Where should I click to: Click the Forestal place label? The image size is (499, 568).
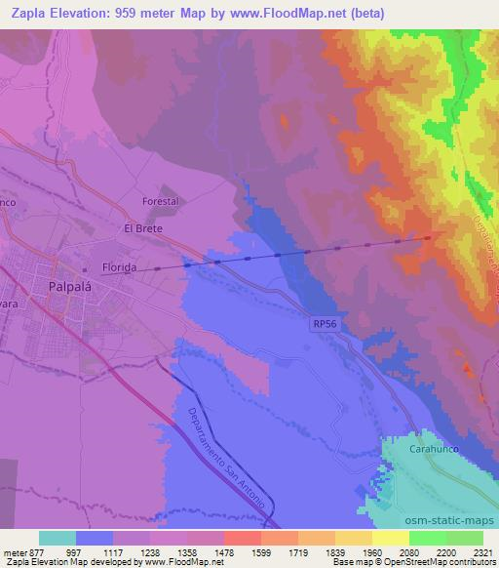point(162,201)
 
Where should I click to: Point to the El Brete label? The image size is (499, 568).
point(141,228)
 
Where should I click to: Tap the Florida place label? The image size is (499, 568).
point(124,265)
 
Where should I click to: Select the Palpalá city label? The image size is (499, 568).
point(71,286)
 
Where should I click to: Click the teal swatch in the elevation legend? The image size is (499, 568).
point(58,538)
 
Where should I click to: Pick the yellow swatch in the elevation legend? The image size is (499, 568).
point(391,538)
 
